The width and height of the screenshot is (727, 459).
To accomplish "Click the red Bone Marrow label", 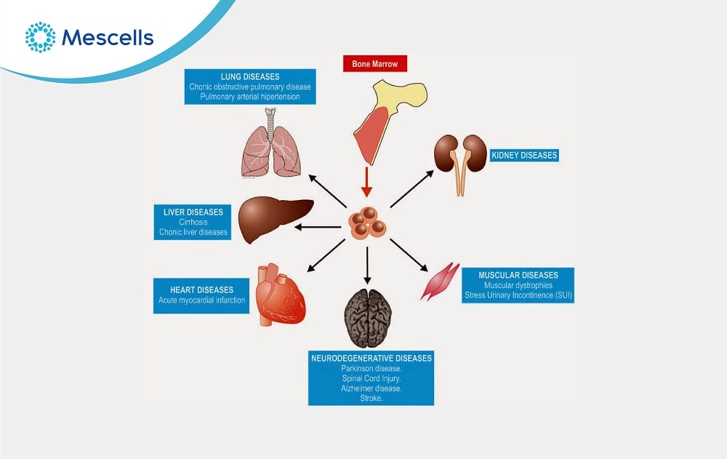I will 374,63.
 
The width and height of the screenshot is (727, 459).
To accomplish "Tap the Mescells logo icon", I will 40,36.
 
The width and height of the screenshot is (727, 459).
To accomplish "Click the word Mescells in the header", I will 108,37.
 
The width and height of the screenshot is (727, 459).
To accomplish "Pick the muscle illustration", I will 440,281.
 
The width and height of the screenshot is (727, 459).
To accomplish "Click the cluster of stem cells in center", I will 367,223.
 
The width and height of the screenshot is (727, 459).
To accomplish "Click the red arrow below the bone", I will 367,182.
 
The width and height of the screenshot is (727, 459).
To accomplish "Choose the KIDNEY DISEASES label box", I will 524,155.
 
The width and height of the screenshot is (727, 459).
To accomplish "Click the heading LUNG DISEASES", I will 249,76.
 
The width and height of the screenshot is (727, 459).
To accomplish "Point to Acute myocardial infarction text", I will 201,300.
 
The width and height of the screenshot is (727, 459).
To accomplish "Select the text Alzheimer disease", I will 371,388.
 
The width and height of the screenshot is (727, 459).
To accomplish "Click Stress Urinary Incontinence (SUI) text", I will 518,295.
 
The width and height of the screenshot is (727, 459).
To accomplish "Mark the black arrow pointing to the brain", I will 367,266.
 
